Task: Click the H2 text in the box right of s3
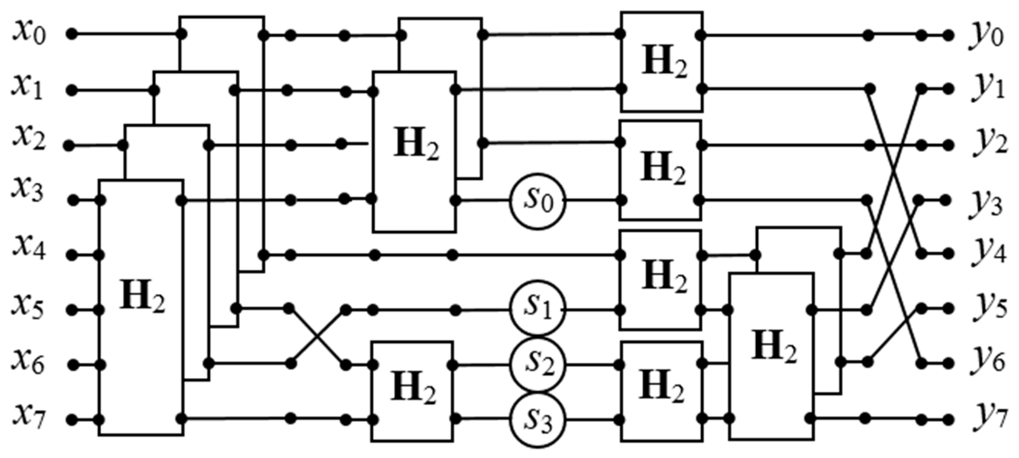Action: (661, 390)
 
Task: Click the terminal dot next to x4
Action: (72, 256)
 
